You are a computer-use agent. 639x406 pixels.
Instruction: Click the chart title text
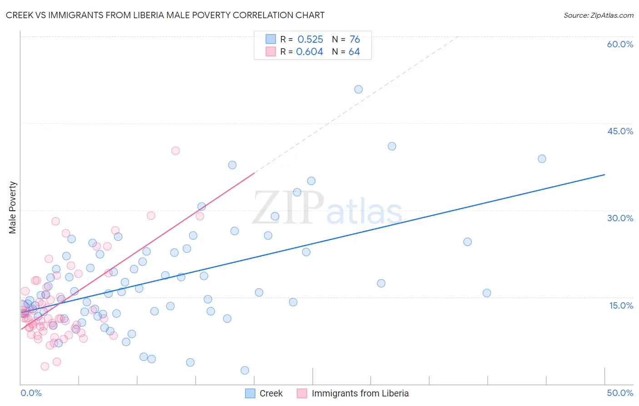[x=165, y=15]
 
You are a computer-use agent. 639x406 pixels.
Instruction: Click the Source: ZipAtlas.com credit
[x=598, y=15]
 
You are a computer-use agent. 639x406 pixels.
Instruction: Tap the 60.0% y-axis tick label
[x=620, y=44]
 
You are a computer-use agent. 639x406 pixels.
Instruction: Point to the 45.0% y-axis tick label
[x=620, y=131]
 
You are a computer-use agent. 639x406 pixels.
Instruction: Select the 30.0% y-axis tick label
[x=620, y=218]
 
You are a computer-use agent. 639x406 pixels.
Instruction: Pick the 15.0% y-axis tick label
[x=621, y=305]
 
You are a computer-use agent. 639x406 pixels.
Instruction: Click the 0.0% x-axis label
[x=31, y=393]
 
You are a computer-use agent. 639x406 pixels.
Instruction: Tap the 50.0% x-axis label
[x=620, y=393]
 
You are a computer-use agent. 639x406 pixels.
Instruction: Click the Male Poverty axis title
[x=13, y=208]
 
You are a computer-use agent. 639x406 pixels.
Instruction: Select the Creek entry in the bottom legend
[x=270, y=393]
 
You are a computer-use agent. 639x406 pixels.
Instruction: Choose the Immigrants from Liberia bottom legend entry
[x=359, y=393]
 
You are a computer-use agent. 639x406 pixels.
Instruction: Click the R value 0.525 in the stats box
[x=310, y=40]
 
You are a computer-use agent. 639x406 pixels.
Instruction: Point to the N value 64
[x=354, y=52]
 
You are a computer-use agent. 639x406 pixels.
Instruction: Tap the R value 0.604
[x=310, y=52]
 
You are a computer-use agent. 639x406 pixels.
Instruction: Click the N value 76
[x=354, y=40]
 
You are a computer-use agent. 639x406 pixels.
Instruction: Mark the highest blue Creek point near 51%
[x=358, y=89]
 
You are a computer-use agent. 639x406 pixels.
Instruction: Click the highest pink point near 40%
[x=175, y=151]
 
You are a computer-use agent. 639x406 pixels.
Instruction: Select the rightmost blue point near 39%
[x=542, y=159]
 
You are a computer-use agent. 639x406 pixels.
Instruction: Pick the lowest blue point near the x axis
[x=245, y=370]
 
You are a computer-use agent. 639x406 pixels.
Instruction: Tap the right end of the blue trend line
[x=604, y=175]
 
